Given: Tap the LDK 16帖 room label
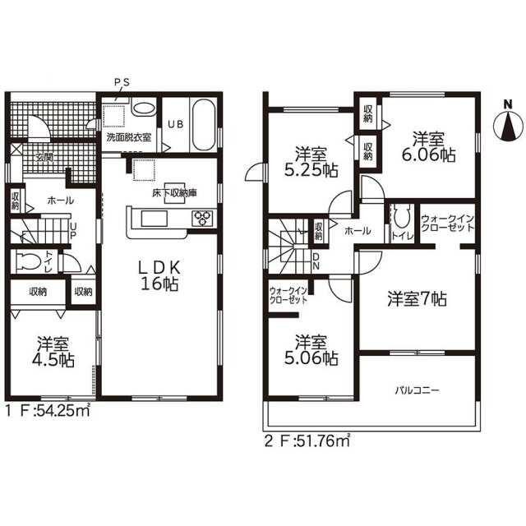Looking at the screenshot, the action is coord(160,275).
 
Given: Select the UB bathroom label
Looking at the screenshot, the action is coord(175,124).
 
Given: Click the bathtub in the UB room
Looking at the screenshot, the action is coord(204,124).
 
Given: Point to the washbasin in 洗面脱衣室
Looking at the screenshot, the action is coord(144,108).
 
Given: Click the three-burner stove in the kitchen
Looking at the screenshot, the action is coord(202,218).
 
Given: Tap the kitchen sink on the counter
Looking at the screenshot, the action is coord(155,219).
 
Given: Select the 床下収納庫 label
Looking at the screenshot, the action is coord(174,193).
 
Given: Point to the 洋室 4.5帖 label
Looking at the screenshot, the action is coord(53,352).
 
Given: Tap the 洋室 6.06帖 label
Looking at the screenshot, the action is coord(428,146).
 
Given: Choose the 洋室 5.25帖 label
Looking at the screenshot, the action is coord(311,163).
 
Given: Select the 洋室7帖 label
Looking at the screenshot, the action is coord(417,299).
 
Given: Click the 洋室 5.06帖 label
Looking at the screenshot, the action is coord(311,350).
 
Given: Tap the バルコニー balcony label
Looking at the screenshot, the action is coord(417,390).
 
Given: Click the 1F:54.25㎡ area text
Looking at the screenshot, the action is coord(48,410).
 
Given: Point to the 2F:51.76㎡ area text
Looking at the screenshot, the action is coord(307,441).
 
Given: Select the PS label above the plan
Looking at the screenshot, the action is coord(122,82).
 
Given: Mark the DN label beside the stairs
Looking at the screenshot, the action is coord(316,261).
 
